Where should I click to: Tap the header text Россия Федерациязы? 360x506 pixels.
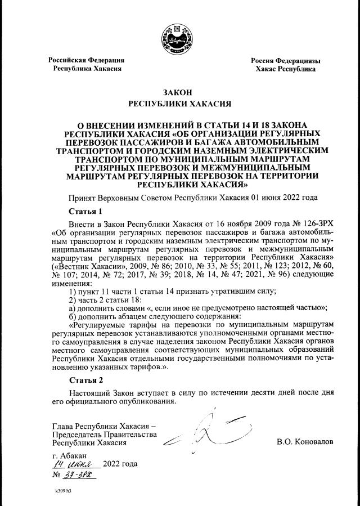[285, 60]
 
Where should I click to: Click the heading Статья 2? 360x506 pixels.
[85, 379]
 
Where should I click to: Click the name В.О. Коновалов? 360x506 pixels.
[305, 442]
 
